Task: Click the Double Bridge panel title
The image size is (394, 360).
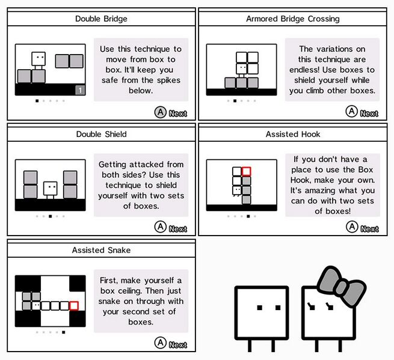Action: [101, 19]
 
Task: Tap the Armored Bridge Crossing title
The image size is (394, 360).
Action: [293, 19]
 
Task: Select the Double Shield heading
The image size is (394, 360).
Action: [101, 134]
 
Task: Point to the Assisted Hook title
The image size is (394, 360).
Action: [293, 134]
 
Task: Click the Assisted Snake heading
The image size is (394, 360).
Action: [101, 250]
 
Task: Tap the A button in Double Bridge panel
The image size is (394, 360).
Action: [161, 112]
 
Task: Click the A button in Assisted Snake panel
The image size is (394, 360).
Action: [161, 343]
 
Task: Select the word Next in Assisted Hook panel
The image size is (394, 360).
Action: [369, 229]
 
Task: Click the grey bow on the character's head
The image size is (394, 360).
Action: [341, 286]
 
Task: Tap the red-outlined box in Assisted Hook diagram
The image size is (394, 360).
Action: [246, 171]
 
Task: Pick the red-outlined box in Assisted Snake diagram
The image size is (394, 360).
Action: [74, 306]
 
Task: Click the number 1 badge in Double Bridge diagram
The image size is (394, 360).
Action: [80, 90]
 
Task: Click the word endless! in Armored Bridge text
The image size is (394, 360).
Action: [304, 70]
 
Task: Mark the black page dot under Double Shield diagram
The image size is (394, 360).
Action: [51, 216]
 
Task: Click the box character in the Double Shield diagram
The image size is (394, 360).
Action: [51, 190]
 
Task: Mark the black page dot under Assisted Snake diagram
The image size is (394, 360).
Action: [64, 332]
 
